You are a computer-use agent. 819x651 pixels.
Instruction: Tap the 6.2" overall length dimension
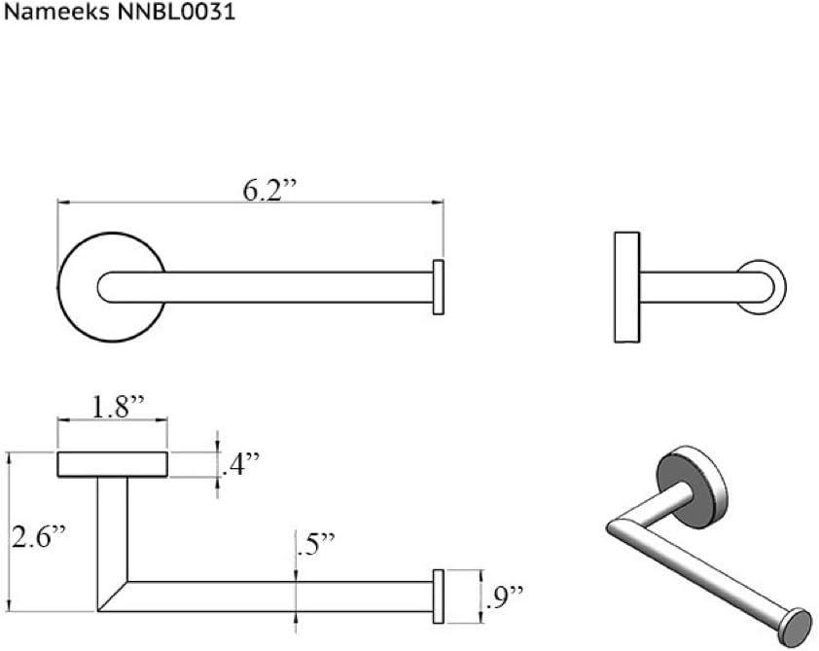point(268,191)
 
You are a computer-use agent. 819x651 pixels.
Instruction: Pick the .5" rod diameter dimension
point(314,545)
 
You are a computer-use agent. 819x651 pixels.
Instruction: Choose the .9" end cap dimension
point(503,592)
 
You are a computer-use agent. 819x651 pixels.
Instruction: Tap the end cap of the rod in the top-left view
point(439,287)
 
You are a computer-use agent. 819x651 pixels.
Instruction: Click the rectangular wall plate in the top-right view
point(626,287)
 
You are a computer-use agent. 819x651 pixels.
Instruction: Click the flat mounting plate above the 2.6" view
point(112,465)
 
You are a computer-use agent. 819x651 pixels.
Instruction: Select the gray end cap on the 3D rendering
point(799,623)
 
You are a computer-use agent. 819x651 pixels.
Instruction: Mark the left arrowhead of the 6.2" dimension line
point(62,202)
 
